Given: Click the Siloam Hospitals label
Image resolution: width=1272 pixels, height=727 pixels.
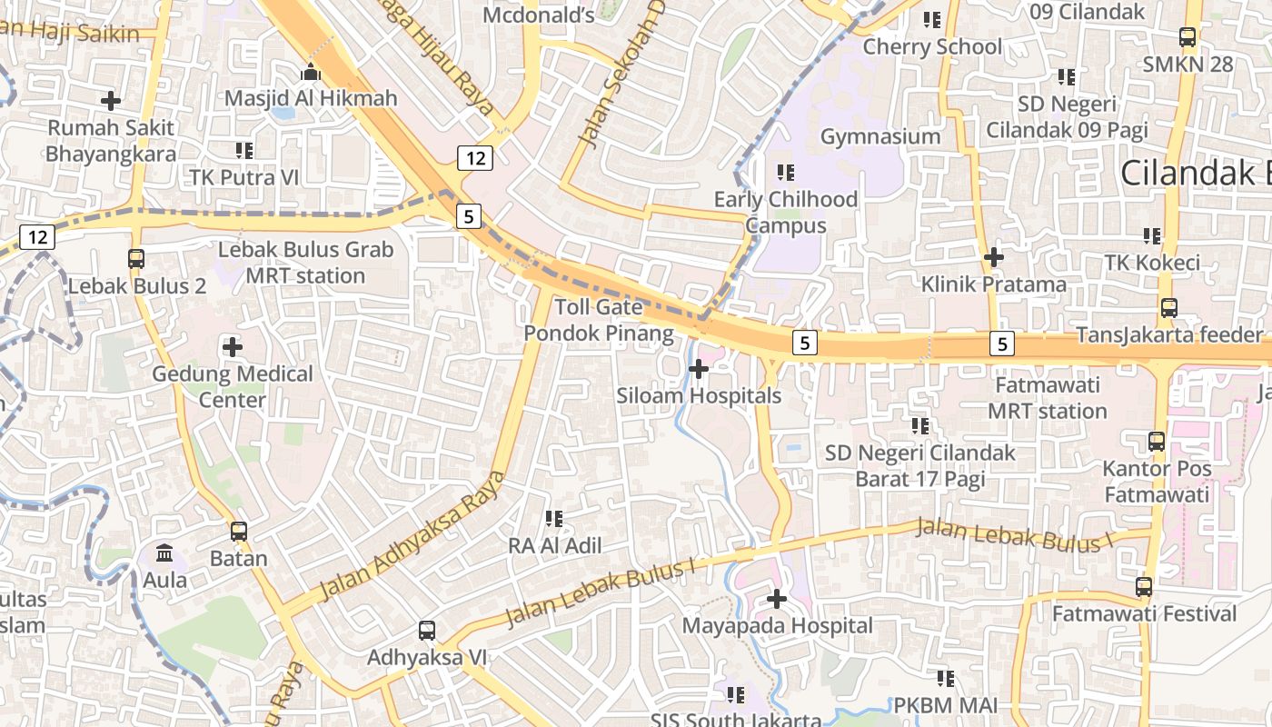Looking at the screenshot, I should pos(699,396).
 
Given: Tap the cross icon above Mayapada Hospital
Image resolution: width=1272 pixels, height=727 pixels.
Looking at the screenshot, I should pos(777,599).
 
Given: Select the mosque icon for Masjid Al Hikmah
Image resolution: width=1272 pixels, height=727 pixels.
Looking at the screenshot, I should pos(312,72).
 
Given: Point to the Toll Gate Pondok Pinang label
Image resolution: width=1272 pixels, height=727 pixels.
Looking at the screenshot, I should pos(599,321).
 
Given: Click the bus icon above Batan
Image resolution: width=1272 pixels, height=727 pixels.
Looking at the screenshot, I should pos(239,532).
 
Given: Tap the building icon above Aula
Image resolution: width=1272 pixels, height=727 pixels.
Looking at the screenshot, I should pos(165,553).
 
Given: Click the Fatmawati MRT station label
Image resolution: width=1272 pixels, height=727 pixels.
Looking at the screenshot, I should pos(1048,398).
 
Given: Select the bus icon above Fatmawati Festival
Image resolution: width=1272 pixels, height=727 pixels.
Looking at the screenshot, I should pos(1144,587).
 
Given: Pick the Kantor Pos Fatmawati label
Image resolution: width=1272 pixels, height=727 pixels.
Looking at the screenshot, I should pos(1157,482).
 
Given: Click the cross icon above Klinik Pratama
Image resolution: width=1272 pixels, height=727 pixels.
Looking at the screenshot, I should pos(994,257).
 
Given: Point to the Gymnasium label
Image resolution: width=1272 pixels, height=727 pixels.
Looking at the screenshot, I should pos(880,136).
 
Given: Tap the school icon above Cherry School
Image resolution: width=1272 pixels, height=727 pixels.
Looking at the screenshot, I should pos(932,19).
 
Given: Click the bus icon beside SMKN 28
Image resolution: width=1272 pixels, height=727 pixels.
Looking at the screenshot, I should pos(1188,37).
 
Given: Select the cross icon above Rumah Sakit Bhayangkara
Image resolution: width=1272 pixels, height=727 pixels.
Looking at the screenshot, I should pos(111,100).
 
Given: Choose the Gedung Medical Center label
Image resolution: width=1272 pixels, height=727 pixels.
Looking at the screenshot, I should pos(233,386).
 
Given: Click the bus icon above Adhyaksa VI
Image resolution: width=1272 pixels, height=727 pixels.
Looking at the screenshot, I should pos(427,630).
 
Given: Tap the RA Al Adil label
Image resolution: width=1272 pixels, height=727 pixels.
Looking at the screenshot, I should pos(554,546).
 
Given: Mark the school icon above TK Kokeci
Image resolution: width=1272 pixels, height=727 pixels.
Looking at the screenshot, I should pos(1152,236).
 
